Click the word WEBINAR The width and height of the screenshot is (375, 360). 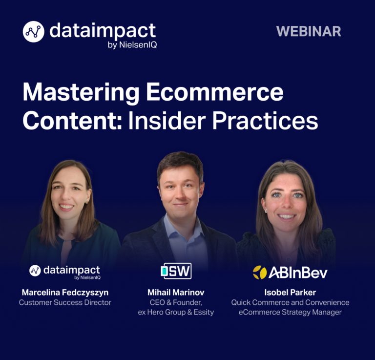coord(309,31)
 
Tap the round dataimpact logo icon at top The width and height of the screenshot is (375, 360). coord(34,32)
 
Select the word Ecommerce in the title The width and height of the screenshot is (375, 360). coord(215,92)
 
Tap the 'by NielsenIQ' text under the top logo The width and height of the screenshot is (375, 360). coord(132,45)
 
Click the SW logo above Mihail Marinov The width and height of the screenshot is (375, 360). coord(176,271)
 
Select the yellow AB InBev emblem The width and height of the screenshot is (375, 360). coord(260,273)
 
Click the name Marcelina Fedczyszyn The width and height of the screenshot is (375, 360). coord(65,292)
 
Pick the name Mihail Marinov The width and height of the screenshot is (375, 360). coord(176,292)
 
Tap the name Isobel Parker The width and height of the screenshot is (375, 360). coord(290,292)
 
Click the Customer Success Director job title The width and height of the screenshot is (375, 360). coord(65,302)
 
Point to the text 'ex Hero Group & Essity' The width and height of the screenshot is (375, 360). coord(176,312)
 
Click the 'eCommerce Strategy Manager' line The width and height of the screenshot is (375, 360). coord(290,312)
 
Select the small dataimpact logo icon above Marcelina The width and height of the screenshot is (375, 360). coord(35,271)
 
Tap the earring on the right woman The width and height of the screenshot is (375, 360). coord(266,211)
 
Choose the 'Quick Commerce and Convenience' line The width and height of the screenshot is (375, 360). coord(290,302)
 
